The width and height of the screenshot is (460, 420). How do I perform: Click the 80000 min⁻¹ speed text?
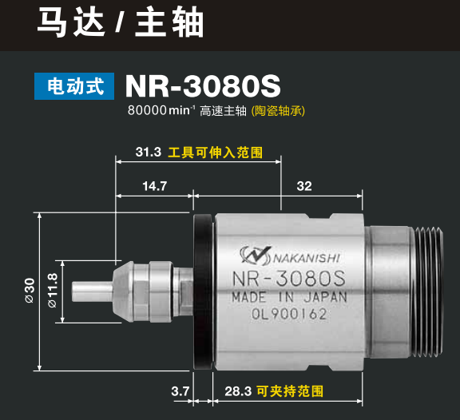[161, 111]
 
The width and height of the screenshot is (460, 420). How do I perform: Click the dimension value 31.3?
[149, 150]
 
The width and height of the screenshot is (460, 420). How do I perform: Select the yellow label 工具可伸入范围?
[214, 150]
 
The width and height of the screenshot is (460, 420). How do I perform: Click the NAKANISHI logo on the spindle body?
[288, 256]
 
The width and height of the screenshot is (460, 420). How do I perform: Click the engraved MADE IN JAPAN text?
[289, 299]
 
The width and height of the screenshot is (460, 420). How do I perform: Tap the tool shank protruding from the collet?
[90, 288]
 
